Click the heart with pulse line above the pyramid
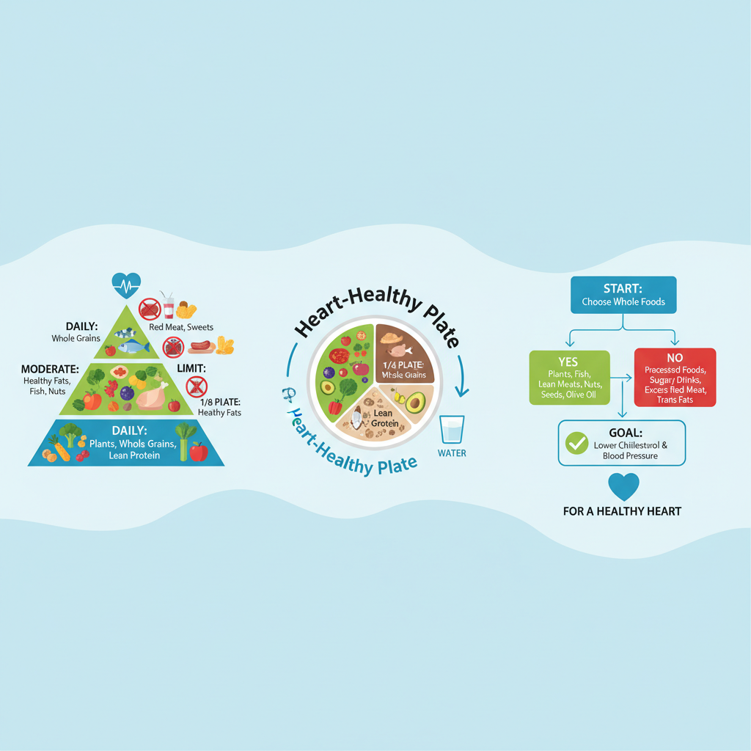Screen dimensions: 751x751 (125, 284)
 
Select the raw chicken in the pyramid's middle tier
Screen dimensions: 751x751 (153, 397)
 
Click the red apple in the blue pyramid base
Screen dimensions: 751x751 (199, 452)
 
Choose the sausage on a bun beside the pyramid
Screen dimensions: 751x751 (200, 345)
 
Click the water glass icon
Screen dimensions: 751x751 (451, 428)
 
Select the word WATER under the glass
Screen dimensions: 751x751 (452, 453)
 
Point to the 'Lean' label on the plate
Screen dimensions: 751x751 (383, 414)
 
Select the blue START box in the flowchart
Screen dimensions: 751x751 (623, 295)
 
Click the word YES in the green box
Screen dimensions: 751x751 (568, 362)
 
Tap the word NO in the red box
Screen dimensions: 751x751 (675, 358)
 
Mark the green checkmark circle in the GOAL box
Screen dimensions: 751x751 (577, 443)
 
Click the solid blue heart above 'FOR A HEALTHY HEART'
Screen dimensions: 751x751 (623, 486)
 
